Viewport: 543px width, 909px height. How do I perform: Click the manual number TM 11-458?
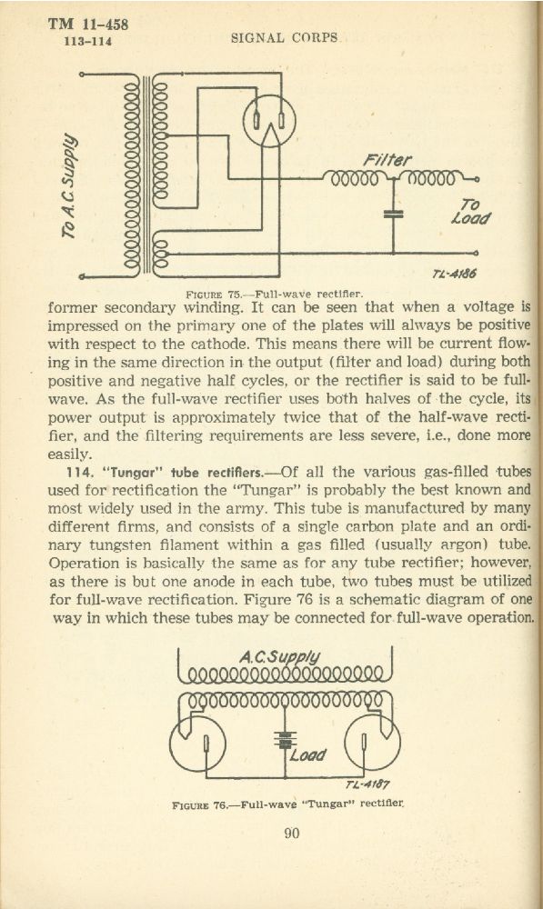coord(87,24)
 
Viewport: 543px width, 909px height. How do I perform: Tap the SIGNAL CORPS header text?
coord(285,38)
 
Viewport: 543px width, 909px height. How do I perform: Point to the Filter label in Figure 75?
coord(387,160)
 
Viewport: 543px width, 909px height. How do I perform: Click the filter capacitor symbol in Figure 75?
coord(393,214)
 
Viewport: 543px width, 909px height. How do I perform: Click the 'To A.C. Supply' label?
coord(70,186)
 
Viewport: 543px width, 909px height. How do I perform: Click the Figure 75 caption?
coord(274,294)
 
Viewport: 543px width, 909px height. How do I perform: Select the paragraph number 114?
coord(81,473)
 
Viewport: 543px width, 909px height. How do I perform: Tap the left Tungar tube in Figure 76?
coord(197,744)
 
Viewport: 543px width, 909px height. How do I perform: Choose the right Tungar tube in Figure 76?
coord(372,744)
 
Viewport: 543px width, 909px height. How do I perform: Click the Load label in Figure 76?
coord(308,754)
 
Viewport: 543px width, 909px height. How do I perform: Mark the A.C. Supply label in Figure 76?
coord(279,657)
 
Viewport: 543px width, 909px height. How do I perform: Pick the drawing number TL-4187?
coord(367,785)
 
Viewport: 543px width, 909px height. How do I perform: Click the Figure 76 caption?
coord(287,804)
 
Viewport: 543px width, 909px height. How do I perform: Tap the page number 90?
coord(292,834)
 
